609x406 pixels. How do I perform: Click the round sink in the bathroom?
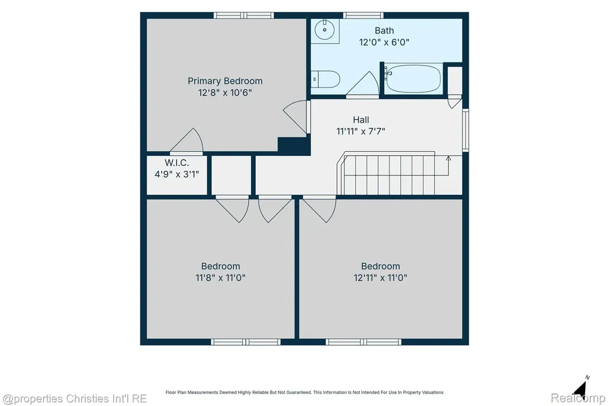click(x=325, y=30)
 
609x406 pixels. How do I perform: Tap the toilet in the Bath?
click(x=325, y=79)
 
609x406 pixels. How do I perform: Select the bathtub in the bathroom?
click(x=413, y=79)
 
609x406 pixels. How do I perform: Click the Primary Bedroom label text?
click(x=225, y=81)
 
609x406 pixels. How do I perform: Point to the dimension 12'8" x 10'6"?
click(x=225, y=92)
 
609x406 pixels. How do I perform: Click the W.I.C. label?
click(x=177, y=163)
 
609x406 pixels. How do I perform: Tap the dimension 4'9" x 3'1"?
click(x=177, y=174)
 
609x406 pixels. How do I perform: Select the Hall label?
click(x=361, y=120)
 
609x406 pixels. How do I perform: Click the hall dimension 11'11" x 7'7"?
click(x=361, y=132)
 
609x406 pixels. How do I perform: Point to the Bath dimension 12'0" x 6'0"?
click(x=384, y=42)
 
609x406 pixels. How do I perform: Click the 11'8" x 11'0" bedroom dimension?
click(x=220, y=277)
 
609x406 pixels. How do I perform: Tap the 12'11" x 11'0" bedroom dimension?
click(x=380, y=277)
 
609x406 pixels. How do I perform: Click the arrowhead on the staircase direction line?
click(x=448, y=158)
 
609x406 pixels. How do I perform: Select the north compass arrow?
click(x=580, y=388)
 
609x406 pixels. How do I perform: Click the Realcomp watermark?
click(x=578, y=398)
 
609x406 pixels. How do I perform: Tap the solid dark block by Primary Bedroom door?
click(x=294, y=146)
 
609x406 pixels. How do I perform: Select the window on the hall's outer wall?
click(x=465, y=130)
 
